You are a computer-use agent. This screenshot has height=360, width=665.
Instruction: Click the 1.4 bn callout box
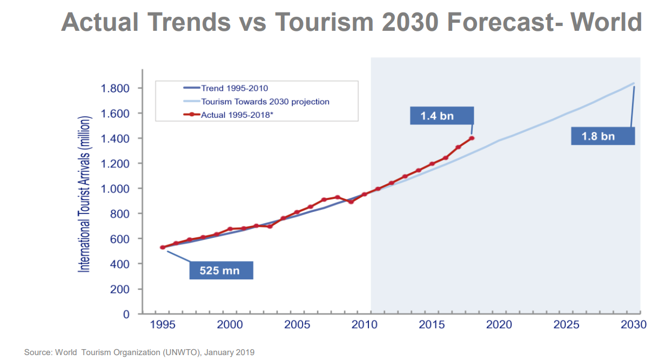click(438, 116)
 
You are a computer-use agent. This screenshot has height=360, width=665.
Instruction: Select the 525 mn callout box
click(221, 270)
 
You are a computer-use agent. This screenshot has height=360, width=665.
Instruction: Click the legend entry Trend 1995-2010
click(234, 88)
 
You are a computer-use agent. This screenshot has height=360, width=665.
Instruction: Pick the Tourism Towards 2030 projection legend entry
click(265, 101)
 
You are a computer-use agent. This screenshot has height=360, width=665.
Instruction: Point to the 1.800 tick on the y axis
click(116, 88)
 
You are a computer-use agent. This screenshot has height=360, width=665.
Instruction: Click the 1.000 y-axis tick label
click(116, 189)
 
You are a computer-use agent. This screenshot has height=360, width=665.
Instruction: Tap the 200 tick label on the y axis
click(120, 289)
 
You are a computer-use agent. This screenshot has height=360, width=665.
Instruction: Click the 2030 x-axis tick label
click(634, 324)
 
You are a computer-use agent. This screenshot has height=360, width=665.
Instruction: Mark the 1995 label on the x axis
click(162, 324)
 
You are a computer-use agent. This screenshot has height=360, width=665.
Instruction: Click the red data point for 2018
click(472, 138)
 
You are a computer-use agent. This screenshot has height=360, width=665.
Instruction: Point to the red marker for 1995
click(163, 248)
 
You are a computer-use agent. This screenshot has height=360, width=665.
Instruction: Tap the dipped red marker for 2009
click(351, 202)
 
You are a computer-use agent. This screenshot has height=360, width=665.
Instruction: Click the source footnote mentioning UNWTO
click(139, 352)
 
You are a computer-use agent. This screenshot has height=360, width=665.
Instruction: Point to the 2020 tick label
click(499, 324)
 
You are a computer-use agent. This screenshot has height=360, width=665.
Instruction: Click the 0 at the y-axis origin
click(126, 314)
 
